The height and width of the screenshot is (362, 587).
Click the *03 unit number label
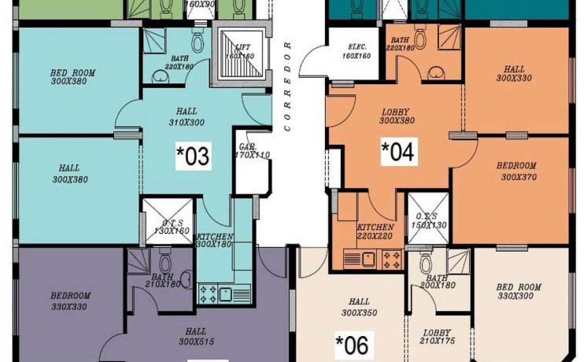click(x=193, y=156)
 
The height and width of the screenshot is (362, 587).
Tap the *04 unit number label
click(x=397, y=151)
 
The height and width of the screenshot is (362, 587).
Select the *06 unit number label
click(x=352, y=344)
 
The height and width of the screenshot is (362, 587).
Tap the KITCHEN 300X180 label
click(x=214, y=241)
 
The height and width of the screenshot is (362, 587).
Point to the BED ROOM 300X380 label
click(x=72, y=77)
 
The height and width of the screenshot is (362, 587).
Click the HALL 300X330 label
click(x=515, y=74)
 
